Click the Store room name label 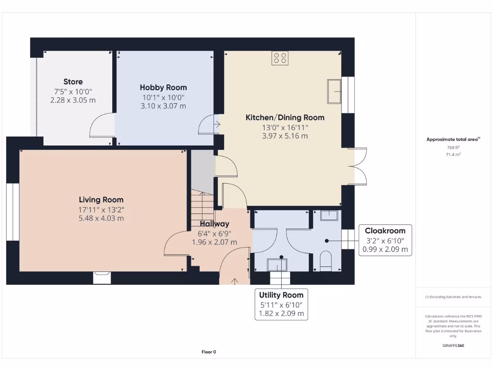click(73, 82)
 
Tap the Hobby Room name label click(163, 88)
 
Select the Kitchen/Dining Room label click(285, 118)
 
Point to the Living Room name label click(101, 200)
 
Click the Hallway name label click(214, 224)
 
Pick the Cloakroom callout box click(385, 240)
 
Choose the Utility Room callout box click(281, 304)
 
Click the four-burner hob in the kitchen click(280, 59)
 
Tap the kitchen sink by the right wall click(334, 92)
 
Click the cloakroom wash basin click(329, 214)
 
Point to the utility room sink click(277, 265)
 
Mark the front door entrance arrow click(235, 281)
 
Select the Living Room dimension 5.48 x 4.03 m click(101, 218)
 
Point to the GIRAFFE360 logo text click(453, 345)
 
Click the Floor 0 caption click(208, 352)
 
